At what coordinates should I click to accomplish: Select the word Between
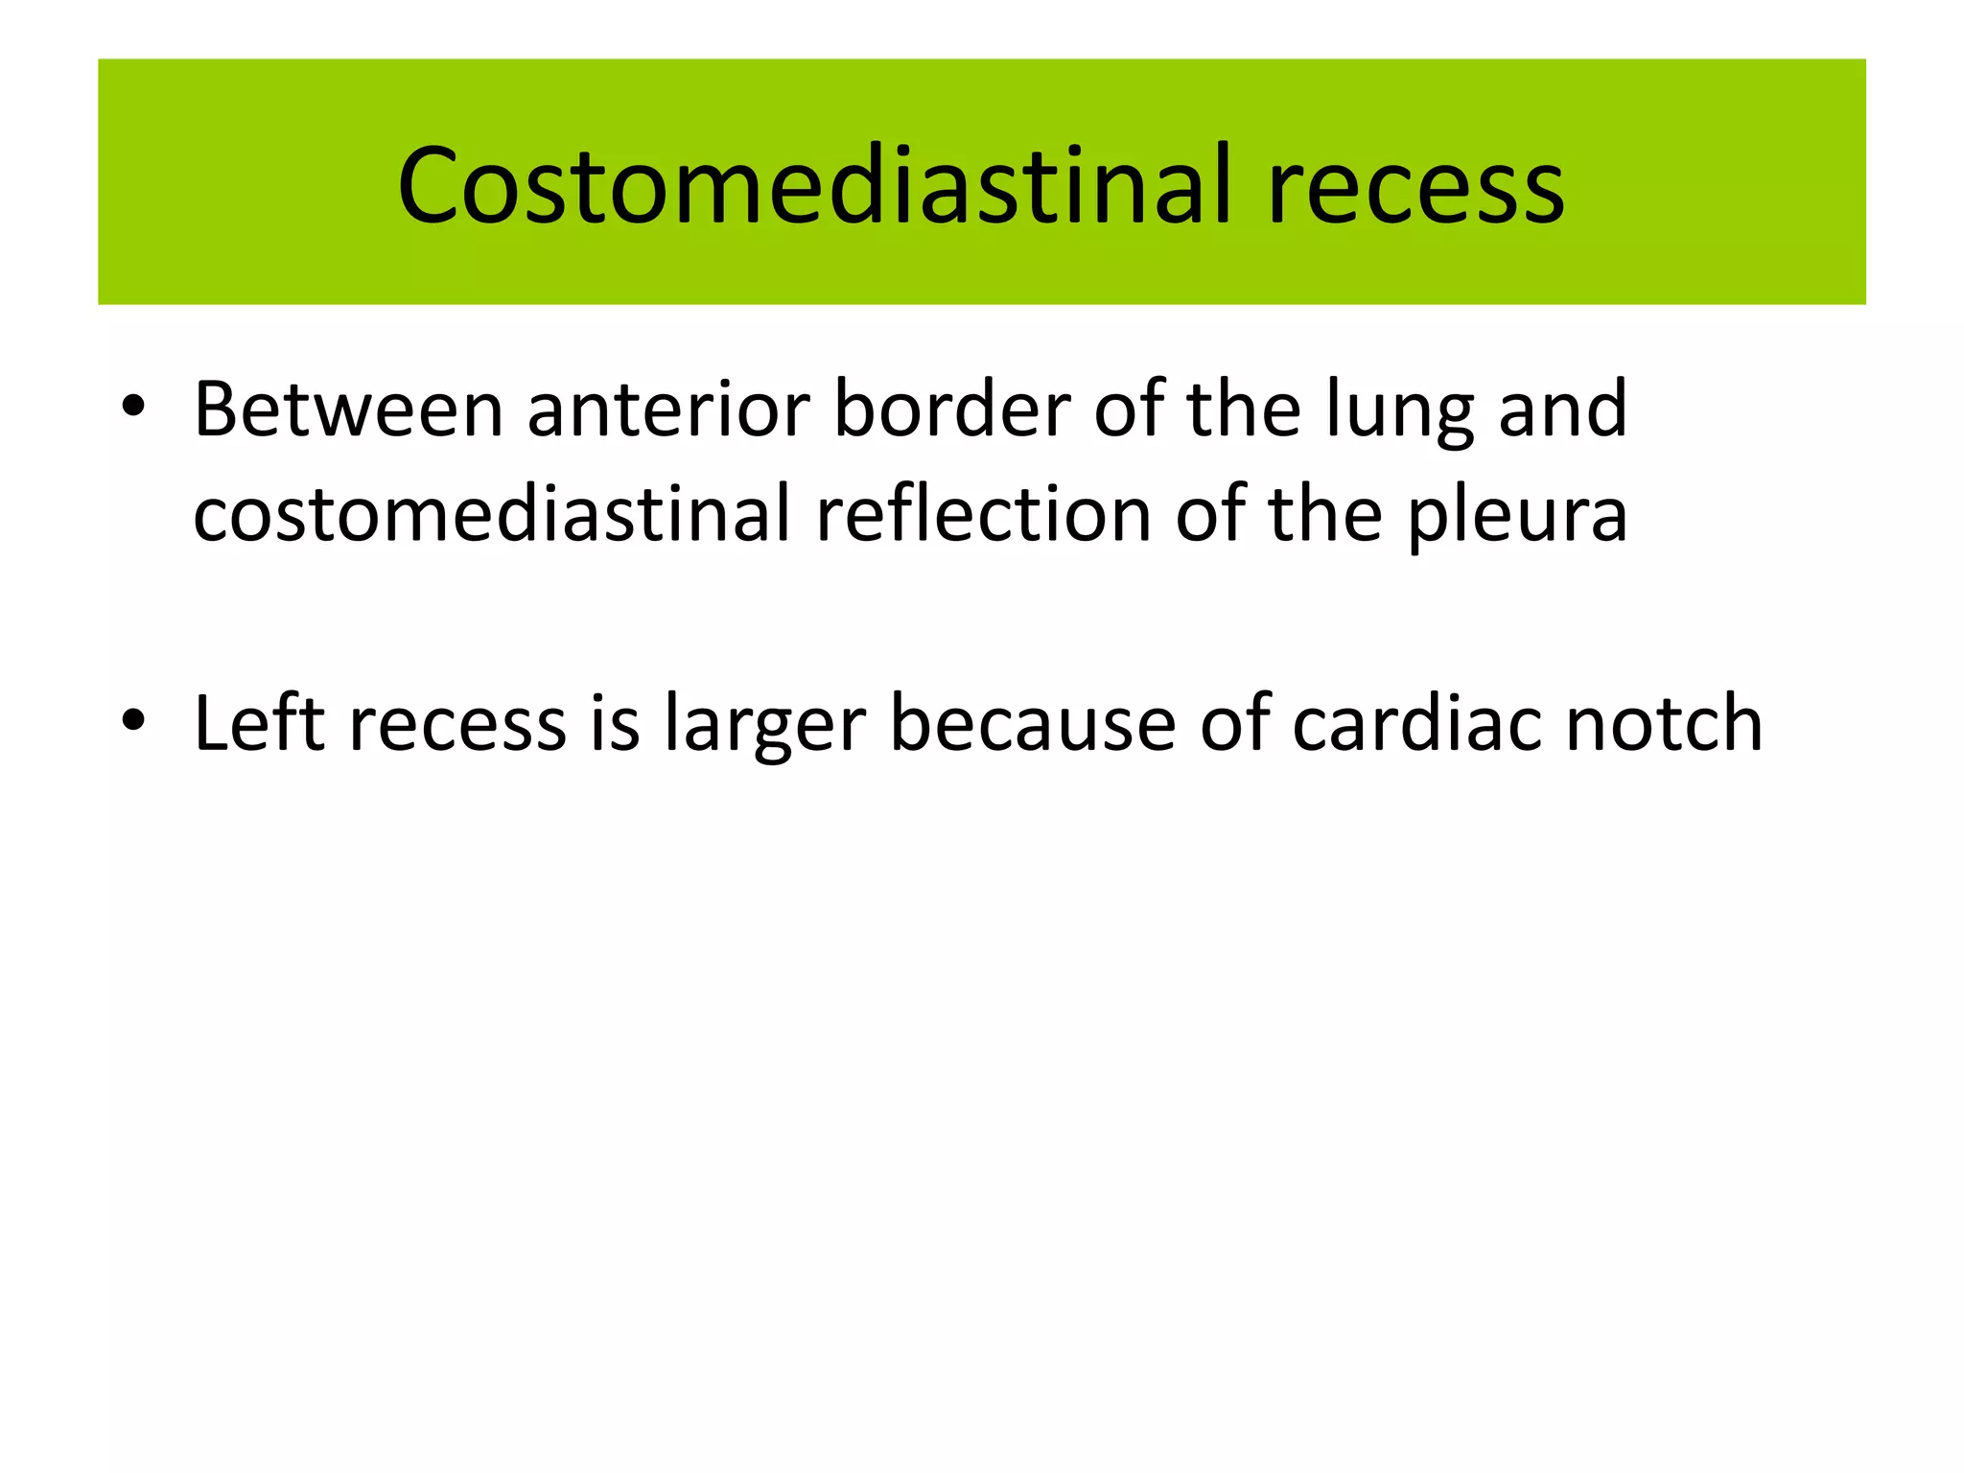click(348, 409)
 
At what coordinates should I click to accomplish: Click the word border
click(951, 409)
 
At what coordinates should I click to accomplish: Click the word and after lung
click(1562, 409)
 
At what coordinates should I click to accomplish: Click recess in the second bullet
click(457, 725)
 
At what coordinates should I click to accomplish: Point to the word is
click(615, 723)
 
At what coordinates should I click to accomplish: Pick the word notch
click(1664, 723)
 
